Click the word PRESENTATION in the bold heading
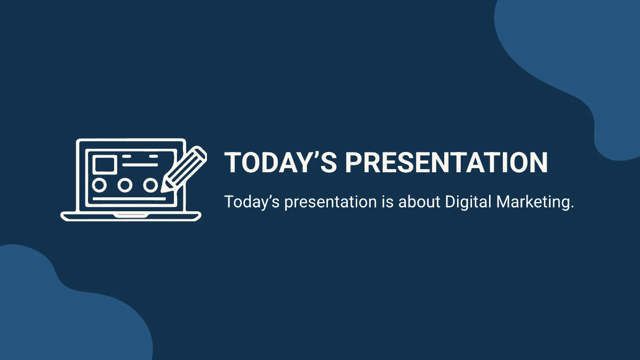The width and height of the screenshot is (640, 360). click(x=446, y=163)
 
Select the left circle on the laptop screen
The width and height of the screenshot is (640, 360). click(x=100, y=185)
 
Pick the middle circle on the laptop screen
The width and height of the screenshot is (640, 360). click(x=125, y=185)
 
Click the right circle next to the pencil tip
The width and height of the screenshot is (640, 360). click(x=151, y=185)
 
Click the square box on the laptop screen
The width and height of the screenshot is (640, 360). click(x=105, y=164)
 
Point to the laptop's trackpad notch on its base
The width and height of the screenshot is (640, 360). click(x=131, y=214)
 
